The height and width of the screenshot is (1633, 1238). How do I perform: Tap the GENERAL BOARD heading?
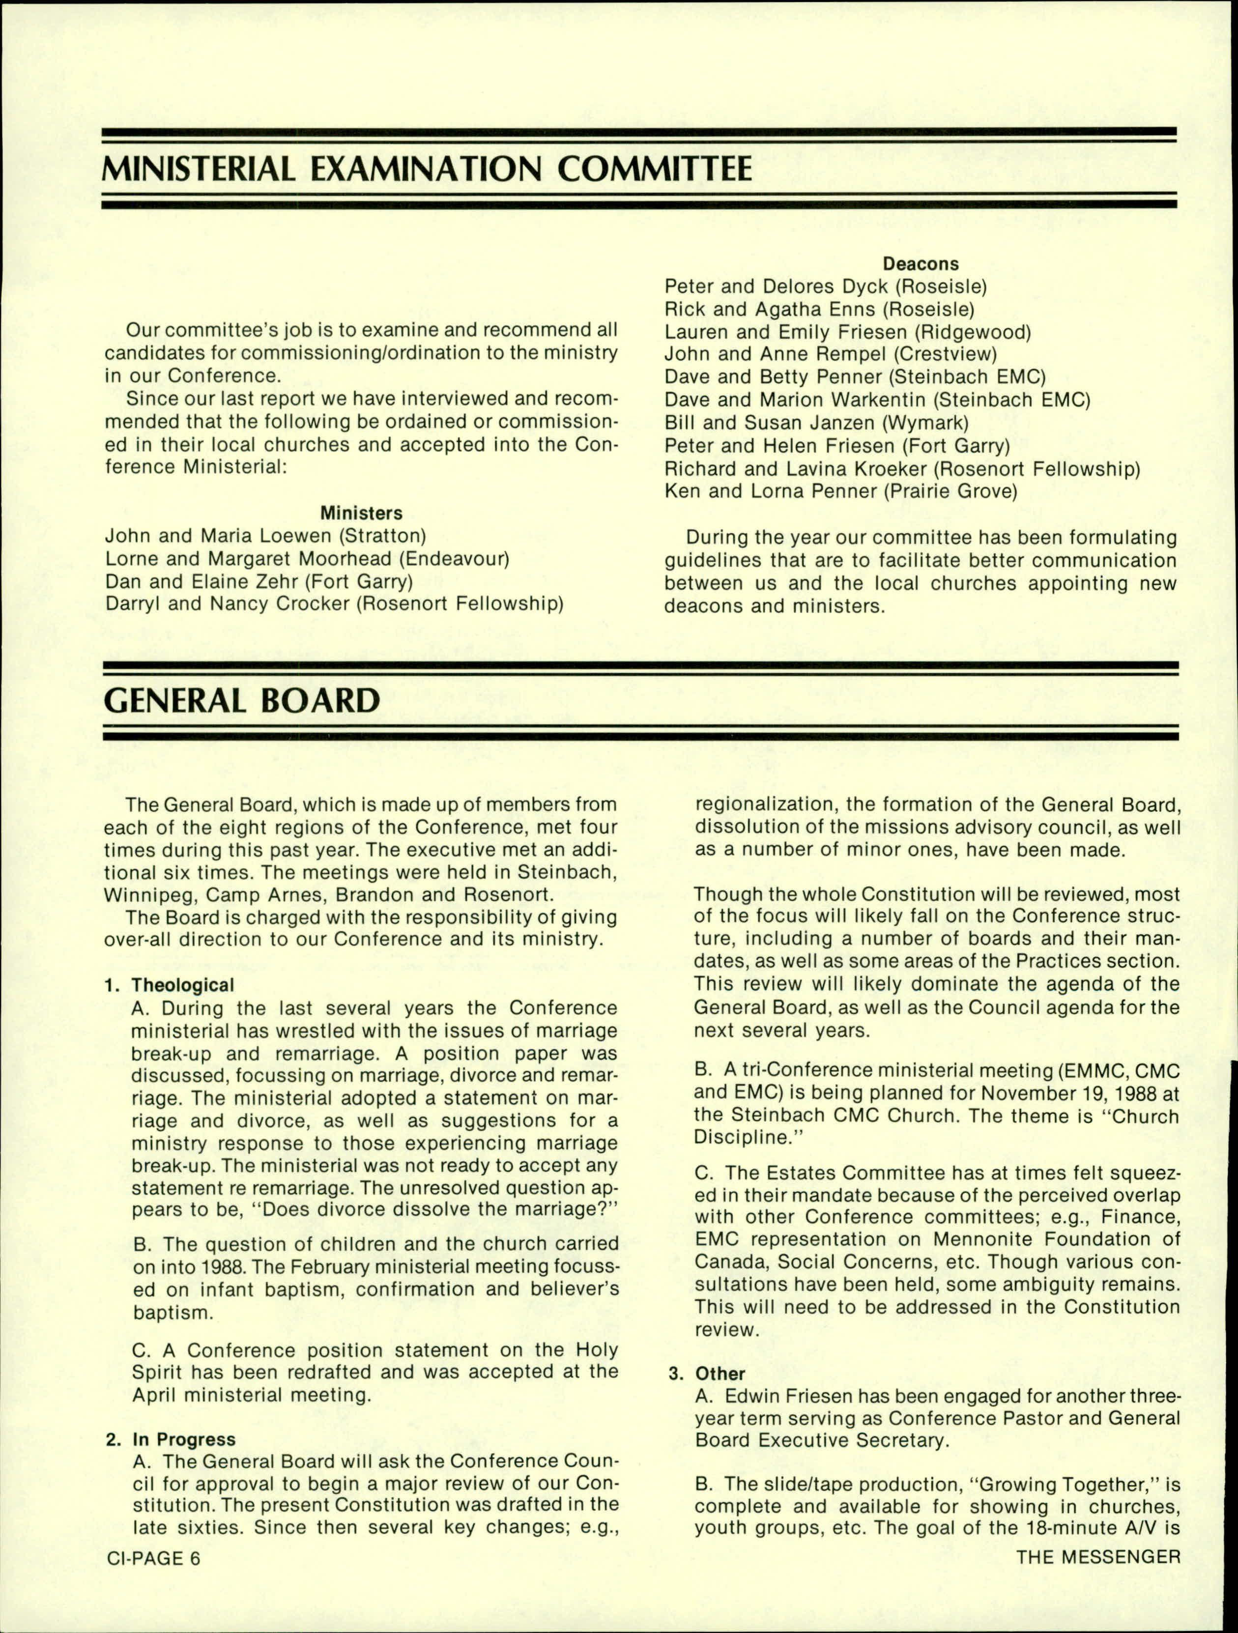tap(242, 700)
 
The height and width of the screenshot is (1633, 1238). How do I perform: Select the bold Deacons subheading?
tap(921, 263)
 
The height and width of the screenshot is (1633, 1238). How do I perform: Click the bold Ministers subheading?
tap(361, 513)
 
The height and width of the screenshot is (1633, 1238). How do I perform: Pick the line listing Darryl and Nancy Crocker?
tap(334, 604)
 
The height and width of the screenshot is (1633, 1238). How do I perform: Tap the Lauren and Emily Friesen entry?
tap(847, 332)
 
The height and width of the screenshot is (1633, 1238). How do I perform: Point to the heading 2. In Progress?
tap(171, 1439)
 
